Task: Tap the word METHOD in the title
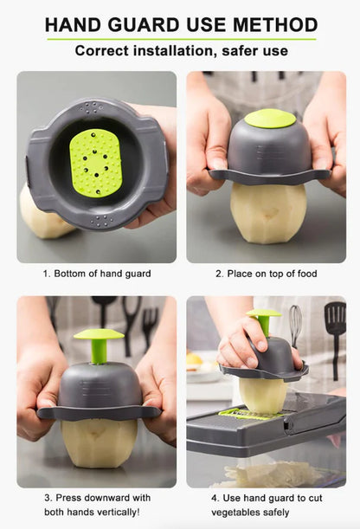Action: [269, 24]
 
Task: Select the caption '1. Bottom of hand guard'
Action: [96, 274]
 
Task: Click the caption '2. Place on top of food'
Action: [267, 274]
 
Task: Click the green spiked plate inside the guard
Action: [95, 162]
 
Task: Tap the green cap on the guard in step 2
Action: [269, 119]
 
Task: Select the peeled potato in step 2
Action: [267, 212]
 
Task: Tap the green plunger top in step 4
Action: [263, 313]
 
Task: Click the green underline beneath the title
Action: [180, 39]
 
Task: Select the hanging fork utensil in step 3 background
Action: [150, 325]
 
